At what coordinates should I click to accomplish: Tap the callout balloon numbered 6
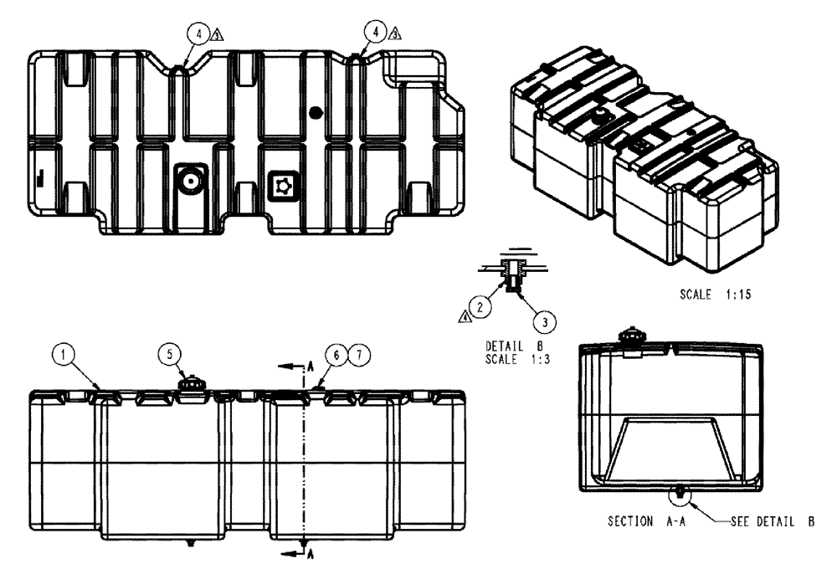click(x=339, y=355)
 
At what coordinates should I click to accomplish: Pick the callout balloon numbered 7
click(x=357, y=355)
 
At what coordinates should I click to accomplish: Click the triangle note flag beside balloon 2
click(x=465, y=315)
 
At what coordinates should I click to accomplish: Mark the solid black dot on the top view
click(x=315, y=112)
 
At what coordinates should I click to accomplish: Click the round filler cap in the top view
click(x=190, y=180)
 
